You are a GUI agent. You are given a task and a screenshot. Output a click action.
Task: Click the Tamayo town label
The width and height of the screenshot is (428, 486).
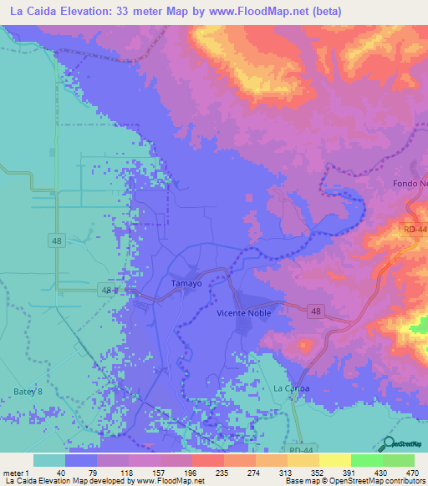click(x=186, y=284)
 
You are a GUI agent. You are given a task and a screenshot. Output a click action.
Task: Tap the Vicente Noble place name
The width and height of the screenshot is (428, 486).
click(x=244, y=311)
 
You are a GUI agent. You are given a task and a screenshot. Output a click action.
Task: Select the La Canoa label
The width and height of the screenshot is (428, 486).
click(x=292, y=389)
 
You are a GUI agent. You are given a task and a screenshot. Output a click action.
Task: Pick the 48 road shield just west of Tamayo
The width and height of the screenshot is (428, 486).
click(x=105, y=290)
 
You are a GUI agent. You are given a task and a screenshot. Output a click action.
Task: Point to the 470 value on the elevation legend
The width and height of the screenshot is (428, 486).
click(x=412, y=472)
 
